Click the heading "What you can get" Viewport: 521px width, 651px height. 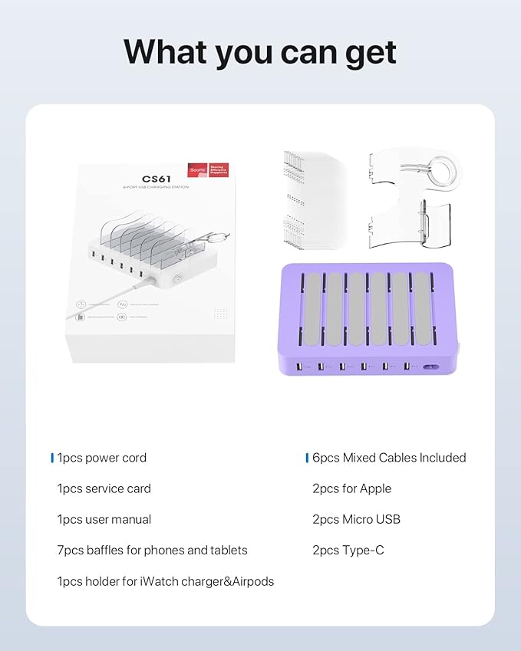pos(260,51)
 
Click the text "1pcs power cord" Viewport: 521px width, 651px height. pos(101,458)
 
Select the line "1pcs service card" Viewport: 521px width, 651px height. pos(104,488)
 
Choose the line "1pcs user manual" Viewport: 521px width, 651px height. pos(104,519)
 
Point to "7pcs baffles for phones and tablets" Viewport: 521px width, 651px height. pos(152,550)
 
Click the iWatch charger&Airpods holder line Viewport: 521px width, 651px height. pos(165,581)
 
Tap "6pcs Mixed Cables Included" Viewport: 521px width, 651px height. pos(389,458)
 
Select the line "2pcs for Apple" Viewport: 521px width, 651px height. pos(351,488)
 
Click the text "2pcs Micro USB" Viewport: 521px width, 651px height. pos(356,519)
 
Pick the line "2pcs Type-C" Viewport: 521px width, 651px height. pos(348,550)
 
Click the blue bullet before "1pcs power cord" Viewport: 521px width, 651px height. pos(52,458)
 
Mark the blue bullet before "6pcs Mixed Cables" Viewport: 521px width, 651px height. pos(307,458)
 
